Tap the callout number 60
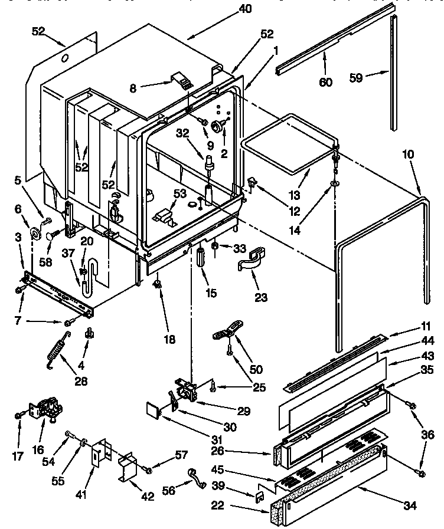coord(325,82)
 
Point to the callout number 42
coord(147,497)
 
